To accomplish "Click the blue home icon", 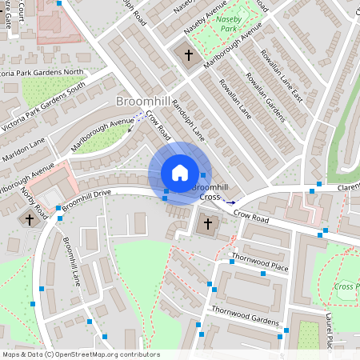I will point(180,172).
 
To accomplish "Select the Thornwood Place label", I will point(258,262).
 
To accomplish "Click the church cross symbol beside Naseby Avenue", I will point(190,55).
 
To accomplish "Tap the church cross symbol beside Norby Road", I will point(30,218).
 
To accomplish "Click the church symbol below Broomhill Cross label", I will point(209,224).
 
